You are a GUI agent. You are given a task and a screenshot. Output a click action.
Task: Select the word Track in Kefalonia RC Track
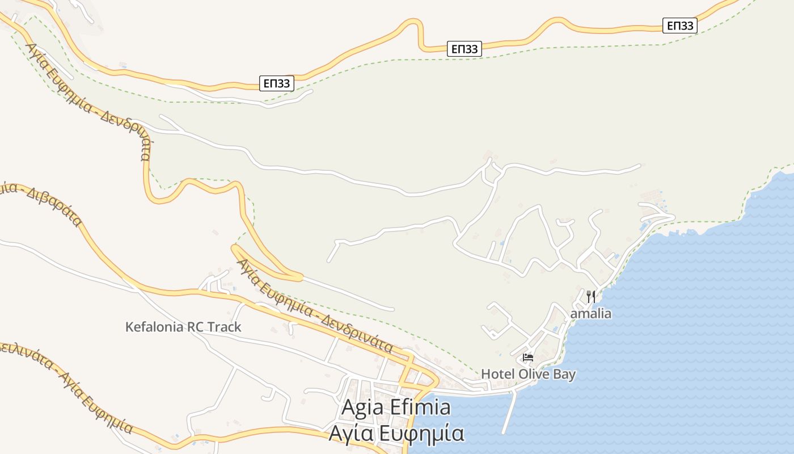[222, 327]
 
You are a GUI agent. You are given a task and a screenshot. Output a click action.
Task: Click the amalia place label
[590, 313]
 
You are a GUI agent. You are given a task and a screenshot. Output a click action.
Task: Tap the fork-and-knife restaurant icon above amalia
[590, 296]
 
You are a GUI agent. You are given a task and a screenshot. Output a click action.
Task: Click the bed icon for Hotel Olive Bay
[528, 358]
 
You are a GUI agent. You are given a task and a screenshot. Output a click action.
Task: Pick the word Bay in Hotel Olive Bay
[564, 374]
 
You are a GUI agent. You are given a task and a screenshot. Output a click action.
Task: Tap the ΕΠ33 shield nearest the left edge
[277, 83]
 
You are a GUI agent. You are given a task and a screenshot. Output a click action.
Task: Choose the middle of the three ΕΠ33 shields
[465, 49]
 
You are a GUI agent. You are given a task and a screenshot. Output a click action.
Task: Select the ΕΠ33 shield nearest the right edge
[680, 26]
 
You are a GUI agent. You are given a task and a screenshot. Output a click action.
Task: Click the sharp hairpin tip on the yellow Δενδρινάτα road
[234, 247]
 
